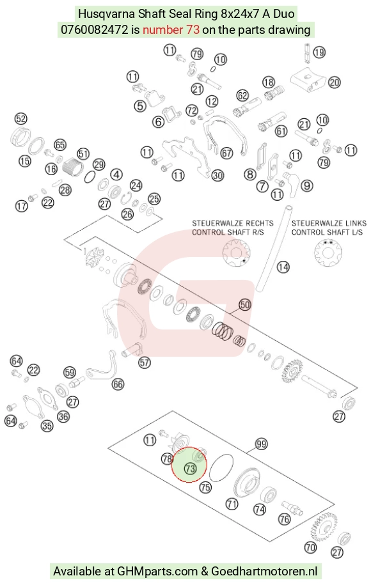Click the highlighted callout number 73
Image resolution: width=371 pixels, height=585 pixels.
(x=191, y=468)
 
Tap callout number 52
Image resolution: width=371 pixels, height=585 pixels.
(x=21, y=119)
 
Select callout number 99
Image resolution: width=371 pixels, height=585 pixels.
(x=261, y=444)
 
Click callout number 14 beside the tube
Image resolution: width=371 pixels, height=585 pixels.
(x=283, y=267)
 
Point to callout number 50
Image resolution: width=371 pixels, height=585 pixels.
(x=245, y=305)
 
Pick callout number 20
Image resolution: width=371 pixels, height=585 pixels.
(x=334, y=82)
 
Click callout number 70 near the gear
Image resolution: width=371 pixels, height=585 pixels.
(x=310, y=547)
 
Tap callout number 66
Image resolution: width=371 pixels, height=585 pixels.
(x=118, y=384)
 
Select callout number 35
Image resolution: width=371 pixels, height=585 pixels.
(x=47, y=425)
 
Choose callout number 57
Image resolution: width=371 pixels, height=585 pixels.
(x=145, y=363)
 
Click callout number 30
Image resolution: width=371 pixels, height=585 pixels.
(x=217, y=175)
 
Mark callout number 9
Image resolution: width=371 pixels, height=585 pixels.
(x=307, y=185)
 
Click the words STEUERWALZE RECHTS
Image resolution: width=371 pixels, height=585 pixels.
(x=233, y=223)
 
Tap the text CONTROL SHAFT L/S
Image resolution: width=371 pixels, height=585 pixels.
(x=327, y=232)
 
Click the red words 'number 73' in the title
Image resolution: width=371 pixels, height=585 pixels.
(x=171, y=29)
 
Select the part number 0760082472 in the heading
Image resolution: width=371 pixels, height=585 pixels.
(x=95, y=29)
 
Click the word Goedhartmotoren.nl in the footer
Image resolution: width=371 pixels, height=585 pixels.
(x=264, y=571)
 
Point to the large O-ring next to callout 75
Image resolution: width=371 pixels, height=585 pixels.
(x=221, y=467)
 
